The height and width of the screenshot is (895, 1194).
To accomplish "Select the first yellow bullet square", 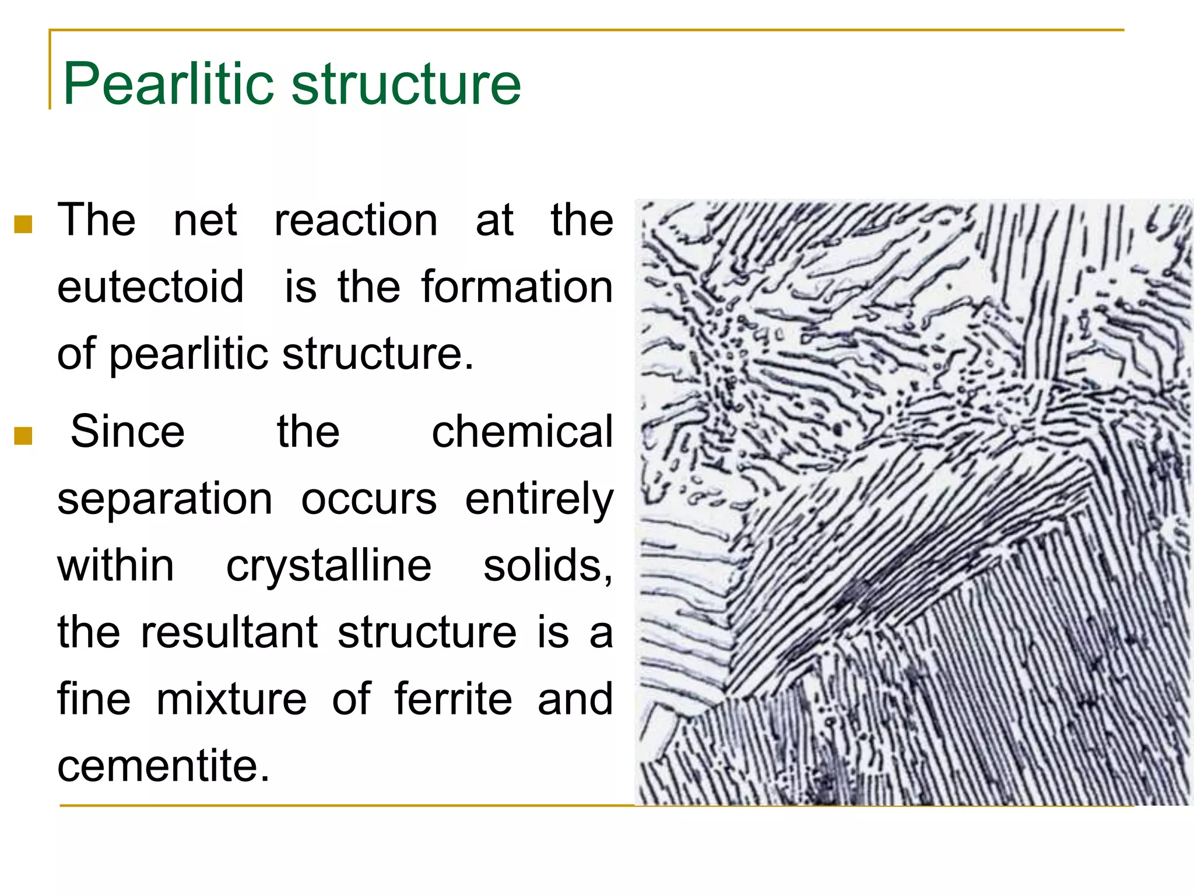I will [x=23, y=224].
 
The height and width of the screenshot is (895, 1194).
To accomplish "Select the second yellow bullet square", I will [x=23, y=435].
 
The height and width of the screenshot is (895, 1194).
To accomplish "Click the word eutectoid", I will [x=150, y=287].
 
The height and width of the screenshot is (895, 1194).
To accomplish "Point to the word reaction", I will [x=356, y=221].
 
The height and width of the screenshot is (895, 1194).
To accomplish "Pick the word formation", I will [x=517, y=287].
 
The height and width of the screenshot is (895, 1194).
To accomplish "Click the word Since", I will [x=128, y=432].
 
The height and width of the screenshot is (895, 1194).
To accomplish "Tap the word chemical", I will [x=522, y=432].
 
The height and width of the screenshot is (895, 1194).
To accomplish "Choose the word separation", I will [x=165, y=499].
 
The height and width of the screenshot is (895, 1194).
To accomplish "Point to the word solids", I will [x=547, y=566].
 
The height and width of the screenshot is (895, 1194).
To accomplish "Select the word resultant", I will [x=229, y=632].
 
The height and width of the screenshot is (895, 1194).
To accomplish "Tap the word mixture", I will [x=231, y=699].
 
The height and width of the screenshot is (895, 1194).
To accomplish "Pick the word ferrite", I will [x=453, y=699].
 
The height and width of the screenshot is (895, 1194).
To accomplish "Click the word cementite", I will [x=164, y=766].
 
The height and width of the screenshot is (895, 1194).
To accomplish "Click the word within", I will [x=115, y=566].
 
